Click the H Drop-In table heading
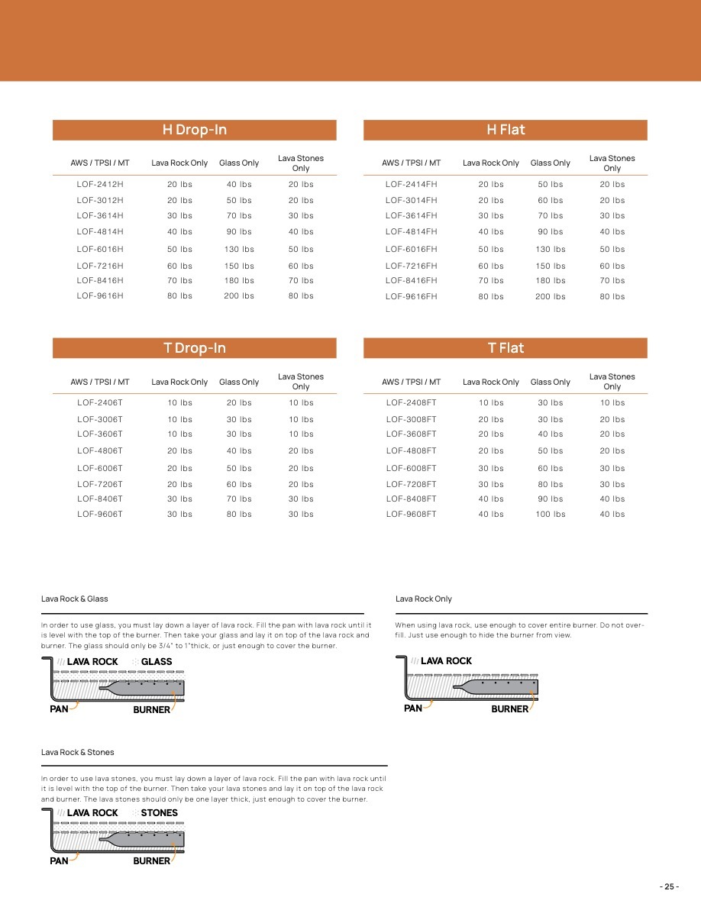[x=194, y=130]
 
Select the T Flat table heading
[x=506, y=348]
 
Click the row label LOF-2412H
[x=100, y=184]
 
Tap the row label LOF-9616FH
[x=412, y=296]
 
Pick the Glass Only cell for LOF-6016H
[x=239, y=249]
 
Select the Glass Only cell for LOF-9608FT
[x=551, y=515]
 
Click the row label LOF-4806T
[x=100, y=450]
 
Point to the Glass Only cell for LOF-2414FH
[x=551, y=184]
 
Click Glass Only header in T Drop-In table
[x=239, y=382]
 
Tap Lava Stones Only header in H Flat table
[x=612, y=163]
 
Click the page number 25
[x=669, y=886]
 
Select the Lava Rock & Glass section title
[x=75, y=599]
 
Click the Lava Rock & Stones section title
[x=77, y=752]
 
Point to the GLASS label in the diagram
[x=157, y=662]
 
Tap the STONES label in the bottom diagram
[x=159, y=813]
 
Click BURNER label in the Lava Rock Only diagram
[x=510, y=709]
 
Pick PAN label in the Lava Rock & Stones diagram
[x=59, y=860]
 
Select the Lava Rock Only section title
[x=424, y=599]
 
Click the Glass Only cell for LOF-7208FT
[x=551, y=484]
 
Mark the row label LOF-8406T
[x=100, y=499]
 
